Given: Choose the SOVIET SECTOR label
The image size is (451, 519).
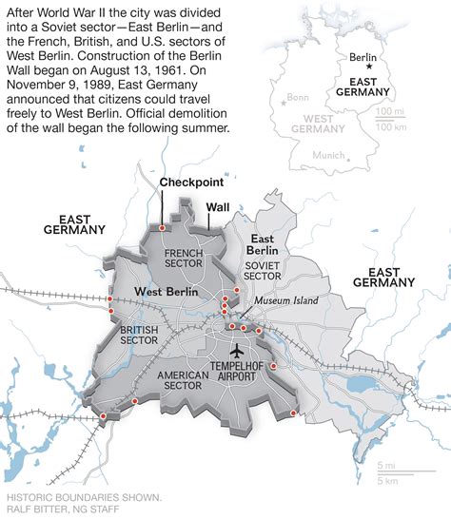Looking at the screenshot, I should pyautogui.click(x=265, y=271).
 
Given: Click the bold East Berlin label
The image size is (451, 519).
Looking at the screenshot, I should pyautogui.click(x=262, y=244).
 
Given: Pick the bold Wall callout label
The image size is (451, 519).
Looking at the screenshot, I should pyautogui.click(x=218, y=205).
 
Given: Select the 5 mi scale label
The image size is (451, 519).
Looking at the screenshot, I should pyautogui.click(x=386, y=465).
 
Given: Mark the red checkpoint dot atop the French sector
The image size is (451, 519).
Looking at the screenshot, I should pyautogui.click(x=162, y=228).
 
